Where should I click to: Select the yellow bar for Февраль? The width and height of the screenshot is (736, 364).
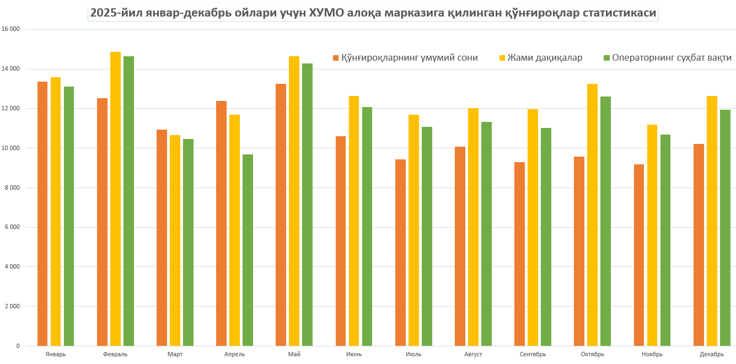click(115, 199)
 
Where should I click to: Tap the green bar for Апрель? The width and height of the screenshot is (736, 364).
click(248, 250)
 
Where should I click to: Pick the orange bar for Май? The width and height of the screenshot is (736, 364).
click(281, 215)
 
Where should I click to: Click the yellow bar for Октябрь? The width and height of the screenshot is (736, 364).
click(593, 215)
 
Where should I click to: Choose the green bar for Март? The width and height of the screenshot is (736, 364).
click(188, 243)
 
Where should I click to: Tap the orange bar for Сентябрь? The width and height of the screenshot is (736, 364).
click(519, 254)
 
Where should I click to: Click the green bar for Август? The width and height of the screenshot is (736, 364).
click(486, 234)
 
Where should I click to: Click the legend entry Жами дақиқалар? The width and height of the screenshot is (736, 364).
click(545, 58)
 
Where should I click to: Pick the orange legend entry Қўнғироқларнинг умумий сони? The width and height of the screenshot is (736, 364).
click(409, 58)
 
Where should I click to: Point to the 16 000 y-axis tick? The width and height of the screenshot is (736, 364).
click(11, 29)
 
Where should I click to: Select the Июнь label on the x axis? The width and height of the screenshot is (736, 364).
click(354, 354)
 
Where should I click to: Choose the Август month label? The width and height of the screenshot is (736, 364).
click(473, 354)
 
